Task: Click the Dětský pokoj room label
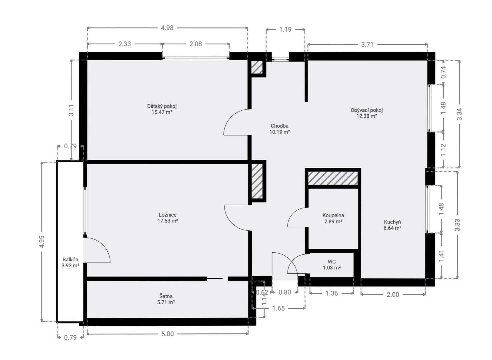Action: point(162,106)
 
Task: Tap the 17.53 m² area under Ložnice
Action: point(167,221)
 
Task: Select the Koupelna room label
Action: point(333,215)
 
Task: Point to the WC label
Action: point(332,262)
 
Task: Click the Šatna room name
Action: point(166,296)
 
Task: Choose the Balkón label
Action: point(70,259)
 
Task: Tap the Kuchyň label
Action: point(393,222)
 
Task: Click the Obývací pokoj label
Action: point(367,110)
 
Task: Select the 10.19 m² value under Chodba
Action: point(280,132)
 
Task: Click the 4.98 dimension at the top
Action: point(167,28)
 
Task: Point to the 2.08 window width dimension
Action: point(195,44)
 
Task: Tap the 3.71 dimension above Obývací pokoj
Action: point(367,45)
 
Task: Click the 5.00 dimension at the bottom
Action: point(167,334)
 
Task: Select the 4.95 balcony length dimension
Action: point(42,242)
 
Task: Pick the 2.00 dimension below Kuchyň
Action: point(393,294)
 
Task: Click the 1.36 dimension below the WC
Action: point(332,293)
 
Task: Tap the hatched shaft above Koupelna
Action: point(333,178)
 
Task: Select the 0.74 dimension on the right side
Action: point(443,72)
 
